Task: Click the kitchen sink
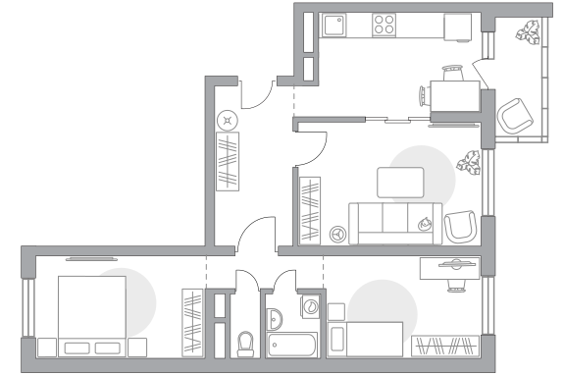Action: (333, 27)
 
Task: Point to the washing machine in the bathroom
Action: (310, 305)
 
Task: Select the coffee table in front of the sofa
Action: (401, 183)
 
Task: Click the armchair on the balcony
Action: (514, 118)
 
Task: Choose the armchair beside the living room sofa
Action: (459, 227)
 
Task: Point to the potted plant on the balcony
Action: (531, 32)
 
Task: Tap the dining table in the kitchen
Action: (454, 98)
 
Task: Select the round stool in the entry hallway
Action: (229, 119)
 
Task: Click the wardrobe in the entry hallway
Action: (228, 162)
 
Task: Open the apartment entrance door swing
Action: (257, 94)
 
